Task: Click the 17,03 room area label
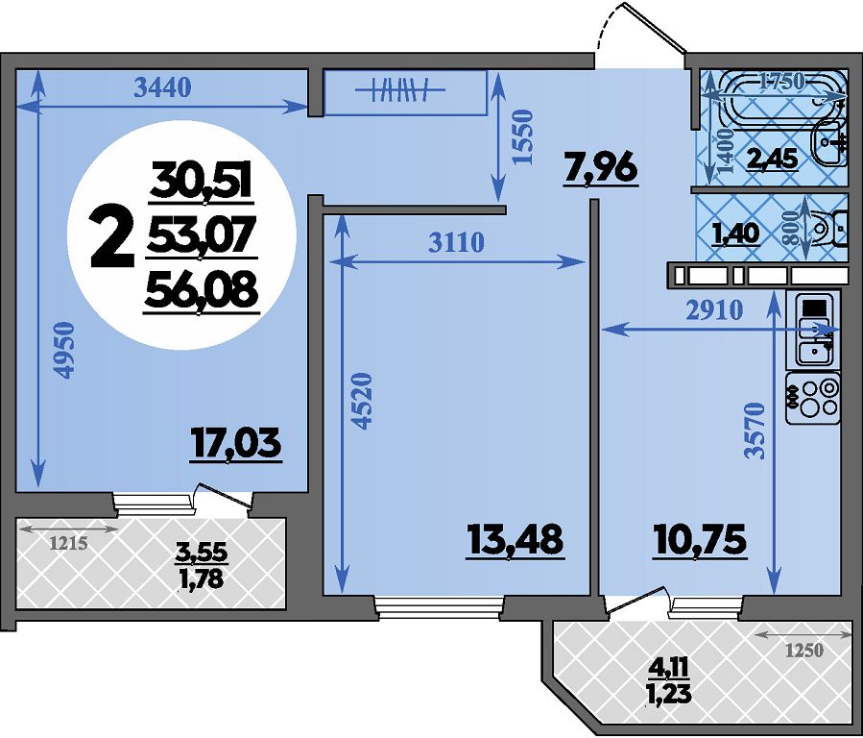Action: tap(235, 443)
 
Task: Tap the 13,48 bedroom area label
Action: tap(515, 539)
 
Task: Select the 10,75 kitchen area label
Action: tap(700, 539)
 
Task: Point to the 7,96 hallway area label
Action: tap(601, 168)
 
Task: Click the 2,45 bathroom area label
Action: tap(772, 160)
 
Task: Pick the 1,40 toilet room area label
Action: tap(736, 234)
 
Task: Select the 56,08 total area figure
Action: tap(201, 291)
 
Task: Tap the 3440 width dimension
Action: tap(163, 87)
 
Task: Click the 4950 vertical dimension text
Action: tap(64, 350)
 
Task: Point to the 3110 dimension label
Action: tap(456, 242)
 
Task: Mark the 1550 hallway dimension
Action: tap(522, 137)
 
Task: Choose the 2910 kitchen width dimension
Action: tap(714, 311)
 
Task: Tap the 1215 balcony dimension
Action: tap(68, 544)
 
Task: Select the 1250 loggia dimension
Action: tap(803, 651)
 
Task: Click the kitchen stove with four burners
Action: tap(813, 398)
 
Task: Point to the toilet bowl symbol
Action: tap(827, 228)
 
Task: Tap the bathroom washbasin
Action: tap(829, 141)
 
